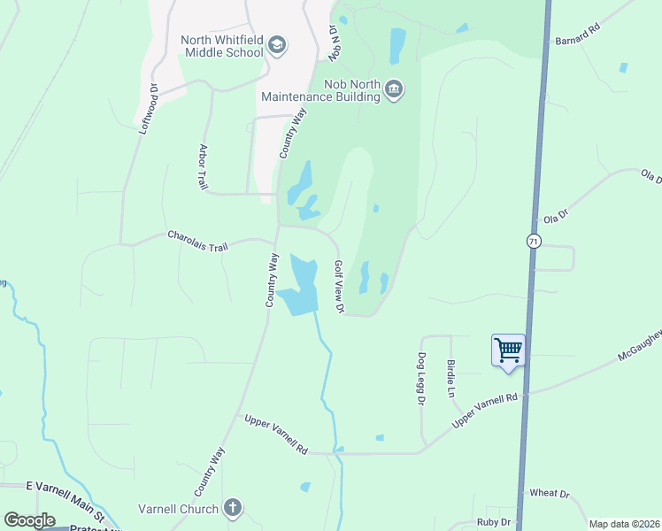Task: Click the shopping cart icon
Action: coord(508,350)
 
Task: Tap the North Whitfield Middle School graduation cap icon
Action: coord(277,45)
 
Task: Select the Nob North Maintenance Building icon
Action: coord(394,89)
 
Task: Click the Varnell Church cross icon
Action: coord(232,508)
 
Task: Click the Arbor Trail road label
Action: coord(203,166)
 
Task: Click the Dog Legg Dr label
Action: coord(420,380)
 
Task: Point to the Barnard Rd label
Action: coord(577,40)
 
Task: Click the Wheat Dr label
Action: coord(550,493)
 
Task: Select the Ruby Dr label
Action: coord(493,522)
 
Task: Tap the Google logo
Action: coord(29,520)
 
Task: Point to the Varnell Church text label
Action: coord(178,509)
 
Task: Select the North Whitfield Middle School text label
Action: coord(222,45)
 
